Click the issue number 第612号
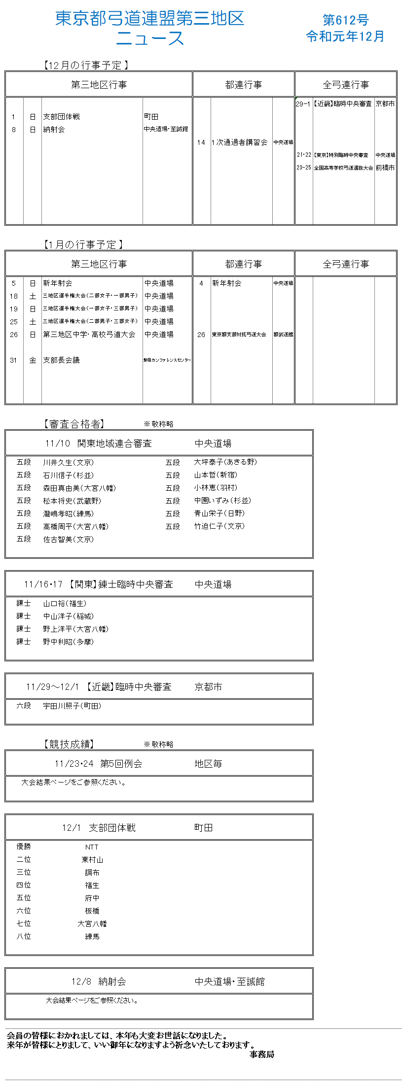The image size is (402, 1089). click(345, 20)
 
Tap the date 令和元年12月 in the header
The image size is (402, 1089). click(345, 36)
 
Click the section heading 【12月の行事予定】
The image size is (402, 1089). click(85, 65)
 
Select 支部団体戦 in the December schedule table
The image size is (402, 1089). click(61, 117)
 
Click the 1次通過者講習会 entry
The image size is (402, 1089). click(239, 142)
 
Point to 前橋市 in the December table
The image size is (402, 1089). click(385, 168)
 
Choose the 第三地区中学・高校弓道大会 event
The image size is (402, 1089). click(89, 335)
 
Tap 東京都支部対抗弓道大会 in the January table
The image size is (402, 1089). click(239, 335)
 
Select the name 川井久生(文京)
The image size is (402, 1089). click(68, 463)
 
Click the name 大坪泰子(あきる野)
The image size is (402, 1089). click(225, 462)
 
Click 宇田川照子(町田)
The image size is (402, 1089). click(72, 706)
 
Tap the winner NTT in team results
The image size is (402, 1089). click(92, 847)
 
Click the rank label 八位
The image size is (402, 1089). click(24, 936)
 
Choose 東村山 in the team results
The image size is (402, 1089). click(92, 860)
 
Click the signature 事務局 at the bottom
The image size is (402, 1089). click(261, 1054)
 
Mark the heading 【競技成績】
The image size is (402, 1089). click(69, 744)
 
